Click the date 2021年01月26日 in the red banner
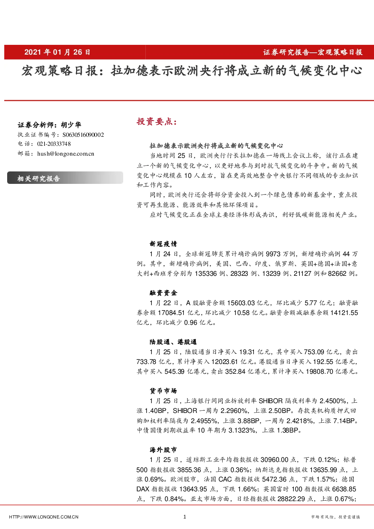[57, 52]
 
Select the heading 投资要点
[157, 122]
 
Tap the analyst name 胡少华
[71, 125]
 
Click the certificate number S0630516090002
[83, 135]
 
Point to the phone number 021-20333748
[54, 144]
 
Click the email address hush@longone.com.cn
[66, 154]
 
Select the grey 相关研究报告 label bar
[65, 178]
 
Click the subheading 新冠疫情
[163, 244]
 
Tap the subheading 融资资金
[163, 293]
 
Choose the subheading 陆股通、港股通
[173, 342]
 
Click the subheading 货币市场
[163, 391]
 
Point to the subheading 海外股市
[163, 450]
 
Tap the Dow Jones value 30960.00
[275, 460]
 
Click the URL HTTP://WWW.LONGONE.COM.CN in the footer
[44, 517]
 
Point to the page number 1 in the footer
[185, 517]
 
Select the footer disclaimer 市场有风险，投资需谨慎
[336, 517]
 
